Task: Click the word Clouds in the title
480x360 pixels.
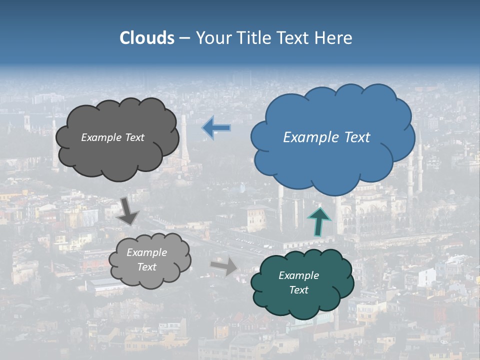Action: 146,38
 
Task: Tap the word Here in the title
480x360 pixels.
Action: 334,38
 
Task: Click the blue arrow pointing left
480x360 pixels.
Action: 216,128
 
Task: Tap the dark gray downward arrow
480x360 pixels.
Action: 129,210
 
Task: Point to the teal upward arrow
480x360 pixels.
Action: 319,221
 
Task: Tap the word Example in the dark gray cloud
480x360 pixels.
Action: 102,137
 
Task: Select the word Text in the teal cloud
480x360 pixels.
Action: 298,290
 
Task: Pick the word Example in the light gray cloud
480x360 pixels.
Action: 146,252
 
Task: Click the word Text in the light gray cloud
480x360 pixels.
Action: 146,267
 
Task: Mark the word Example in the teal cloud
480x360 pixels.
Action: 298,275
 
